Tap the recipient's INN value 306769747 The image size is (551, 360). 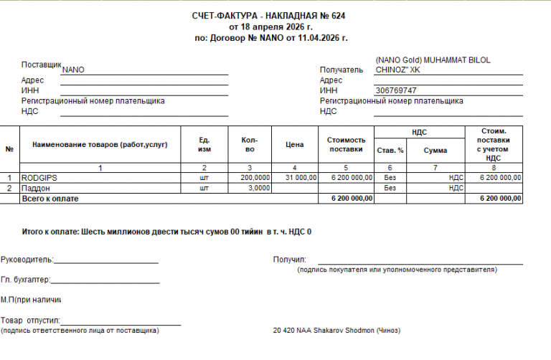(x=396, y=90)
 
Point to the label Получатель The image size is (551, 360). (x=342, y=70)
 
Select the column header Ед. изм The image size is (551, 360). (x=204, y=145)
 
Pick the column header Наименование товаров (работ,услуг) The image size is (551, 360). (x=100, y=145)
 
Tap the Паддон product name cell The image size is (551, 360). (x=37, y=188)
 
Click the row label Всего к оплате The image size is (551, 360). (x=50, y=198)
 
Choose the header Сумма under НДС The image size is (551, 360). (x=435, y=151)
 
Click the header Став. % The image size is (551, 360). (x=390, y=151)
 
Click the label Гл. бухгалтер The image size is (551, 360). (x=25, y=280)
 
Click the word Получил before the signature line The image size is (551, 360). (x=290, y=259)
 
